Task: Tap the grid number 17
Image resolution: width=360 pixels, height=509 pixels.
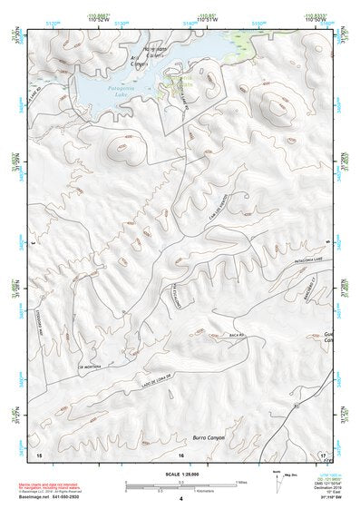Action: (322, 454)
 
